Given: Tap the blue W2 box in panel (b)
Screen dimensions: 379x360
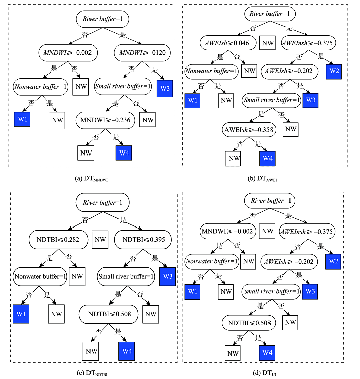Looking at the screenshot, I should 334,71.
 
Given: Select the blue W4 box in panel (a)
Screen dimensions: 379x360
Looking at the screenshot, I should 124,153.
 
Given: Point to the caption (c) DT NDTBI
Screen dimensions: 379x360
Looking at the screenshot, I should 91,373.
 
